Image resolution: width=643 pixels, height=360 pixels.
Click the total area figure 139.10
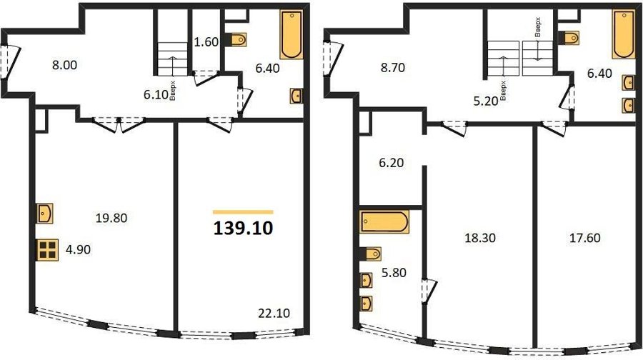point(243,228)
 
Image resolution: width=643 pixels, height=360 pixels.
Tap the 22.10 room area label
point(274,314)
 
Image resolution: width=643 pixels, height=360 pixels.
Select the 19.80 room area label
point(111,218)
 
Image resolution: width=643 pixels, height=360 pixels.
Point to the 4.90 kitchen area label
point(79,249)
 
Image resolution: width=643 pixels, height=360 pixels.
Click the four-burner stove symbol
point(48,250)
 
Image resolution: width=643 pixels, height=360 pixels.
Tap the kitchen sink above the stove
point(45,213)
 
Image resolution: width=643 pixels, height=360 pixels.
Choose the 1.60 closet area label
point(206,42)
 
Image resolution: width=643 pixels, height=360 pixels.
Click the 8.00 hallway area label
point(65,65)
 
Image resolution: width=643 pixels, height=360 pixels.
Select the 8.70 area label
point(393,67)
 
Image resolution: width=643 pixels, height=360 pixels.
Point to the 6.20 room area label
point(392,163)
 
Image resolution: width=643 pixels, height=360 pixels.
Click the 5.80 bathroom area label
point(394,272)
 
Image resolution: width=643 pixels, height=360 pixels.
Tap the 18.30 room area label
point(480,237)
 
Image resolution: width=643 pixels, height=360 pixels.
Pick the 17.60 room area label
point(584,237)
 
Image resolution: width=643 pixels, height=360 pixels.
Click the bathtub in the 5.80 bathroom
point(384,222)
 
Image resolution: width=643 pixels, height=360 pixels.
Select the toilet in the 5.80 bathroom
point(371,254)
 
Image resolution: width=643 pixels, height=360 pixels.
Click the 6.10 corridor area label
point(156,95)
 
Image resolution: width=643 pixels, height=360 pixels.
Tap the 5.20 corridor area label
point(486,101)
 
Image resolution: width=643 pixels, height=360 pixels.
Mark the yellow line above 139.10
point(243,212)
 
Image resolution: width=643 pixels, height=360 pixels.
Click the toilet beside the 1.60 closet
point(236,40)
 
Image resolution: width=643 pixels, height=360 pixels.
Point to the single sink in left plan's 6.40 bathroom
point(296,96)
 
